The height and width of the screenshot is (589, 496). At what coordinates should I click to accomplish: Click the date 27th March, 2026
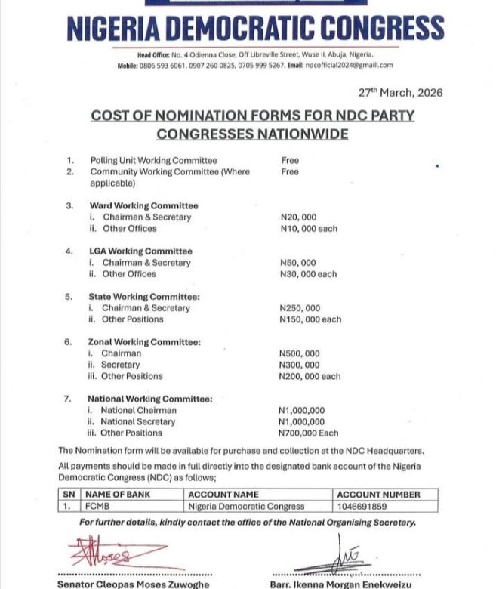click(400, 93)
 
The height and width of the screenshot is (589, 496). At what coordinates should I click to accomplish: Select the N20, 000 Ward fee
click(299, 217)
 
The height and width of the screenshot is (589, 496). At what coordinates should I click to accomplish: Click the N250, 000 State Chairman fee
click(300, 308)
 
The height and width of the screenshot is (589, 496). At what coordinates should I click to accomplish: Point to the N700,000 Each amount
click(309, 433)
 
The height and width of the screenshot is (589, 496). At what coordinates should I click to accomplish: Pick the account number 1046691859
click(362, 507)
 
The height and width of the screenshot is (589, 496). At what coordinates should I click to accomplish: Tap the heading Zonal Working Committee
click(143, 342)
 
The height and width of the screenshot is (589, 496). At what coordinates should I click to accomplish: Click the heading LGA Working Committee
click(140, 251)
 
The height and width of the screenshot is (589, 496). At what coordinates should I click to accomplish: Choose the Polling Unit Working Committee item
click(153, 160)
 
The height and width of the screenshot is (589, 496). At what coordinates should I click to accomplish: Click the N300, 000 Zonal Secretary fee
click(299, 365)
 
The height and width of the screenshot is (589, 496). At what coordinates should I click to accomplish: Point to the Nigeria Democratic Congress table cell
click(246, 507)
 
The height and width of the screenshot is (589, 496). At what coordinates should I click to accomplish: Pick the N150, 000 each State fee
click(310, 319)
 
